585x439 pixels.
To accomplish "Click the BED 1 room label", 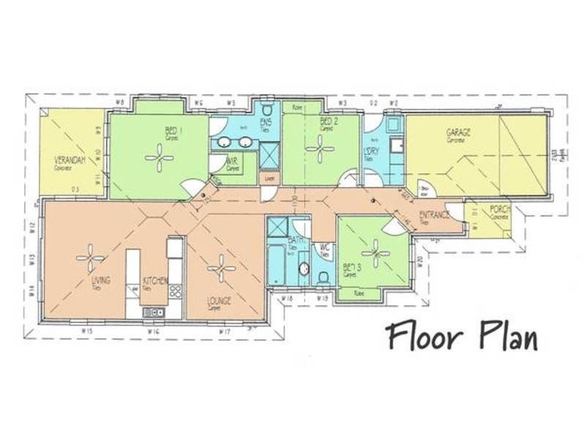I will pos(173,132).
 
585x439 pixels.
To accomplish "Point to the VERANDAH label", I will pos(70,160).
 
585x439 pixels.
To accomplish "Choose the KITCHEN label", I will pos(156,281).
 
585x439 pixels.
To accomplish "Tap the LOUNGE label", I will pos(220,299).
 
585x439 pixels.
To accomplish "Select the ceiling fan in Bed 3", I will pos(375,253).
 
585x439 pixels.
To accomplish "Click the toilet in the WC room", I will pos(323,277).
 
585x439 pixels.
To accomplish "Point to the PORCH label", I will pos(501,209).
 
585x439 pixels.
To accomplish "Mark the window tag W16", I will pos(154,331).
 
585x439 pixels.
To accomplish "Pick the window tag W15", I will pos(86,331).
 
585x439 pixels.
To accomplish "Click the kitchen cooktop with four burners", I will pos(175,290).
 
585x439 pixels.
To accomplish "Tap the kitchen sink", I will pos(154,312).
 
